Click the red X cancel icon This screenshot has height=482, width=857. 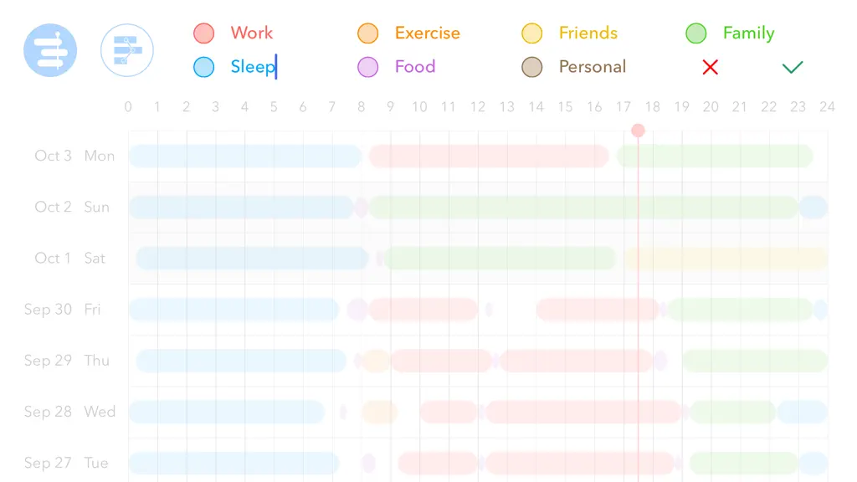[x=710, y=67]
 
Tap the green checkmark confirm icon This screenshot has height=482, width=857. [x=792, y=67]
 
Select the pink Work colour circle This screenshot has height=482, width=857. [x=204, y=33]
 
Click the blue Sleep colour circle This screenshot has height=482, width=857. [x=204, y=67]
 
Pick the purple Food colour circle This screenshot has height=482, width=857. [x=368, y=67]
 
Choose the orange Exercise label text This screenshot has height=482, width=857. [x=428, y=33]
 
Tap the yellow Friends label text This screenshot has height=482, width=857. [x=588, y=33]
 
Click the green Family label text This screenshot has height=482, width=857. [x=749, y=33]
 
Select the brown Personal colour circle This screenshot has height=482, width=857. [x=531, y=67]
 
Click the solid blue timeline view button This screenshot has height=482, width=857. [x=50, y=50]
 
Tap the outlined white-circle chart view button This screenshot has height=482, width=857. [x=127, y=50]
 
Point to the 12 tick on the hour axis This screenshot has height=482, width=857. [x=478, y=106]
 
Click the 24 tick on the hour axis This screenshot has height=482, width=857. [x=827, y=106]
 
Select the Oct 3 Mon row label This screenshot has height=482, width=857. [x=74, y=156]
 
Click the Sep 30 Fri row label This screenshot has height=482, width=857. [x=62, y=310]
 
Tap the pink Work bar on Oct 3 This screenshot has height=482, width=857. [x=489, y=156]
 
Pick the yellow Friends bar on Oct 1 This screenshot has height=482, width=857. [x=726, y=258]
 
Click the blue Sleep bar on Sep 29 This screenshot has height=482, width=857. [x=241, y=361]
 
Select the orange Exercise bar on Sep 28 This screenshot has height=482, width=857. [x=379, y=412]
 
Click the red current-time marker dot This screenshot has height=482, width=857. [x=638, y=131]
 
